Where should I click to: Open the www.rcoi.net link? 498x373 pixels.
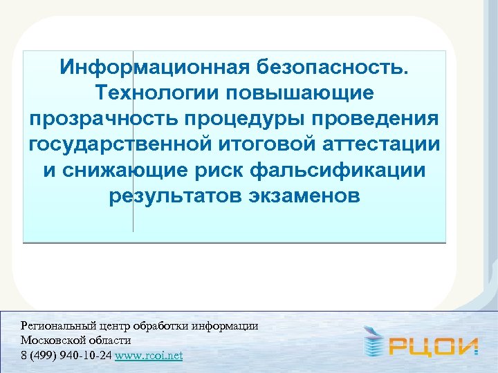(149, 356)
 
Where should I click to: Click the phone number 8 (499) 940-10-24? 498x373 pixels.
(66, 356)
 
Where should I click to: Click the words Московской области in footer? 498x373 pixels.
(75, 341)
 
